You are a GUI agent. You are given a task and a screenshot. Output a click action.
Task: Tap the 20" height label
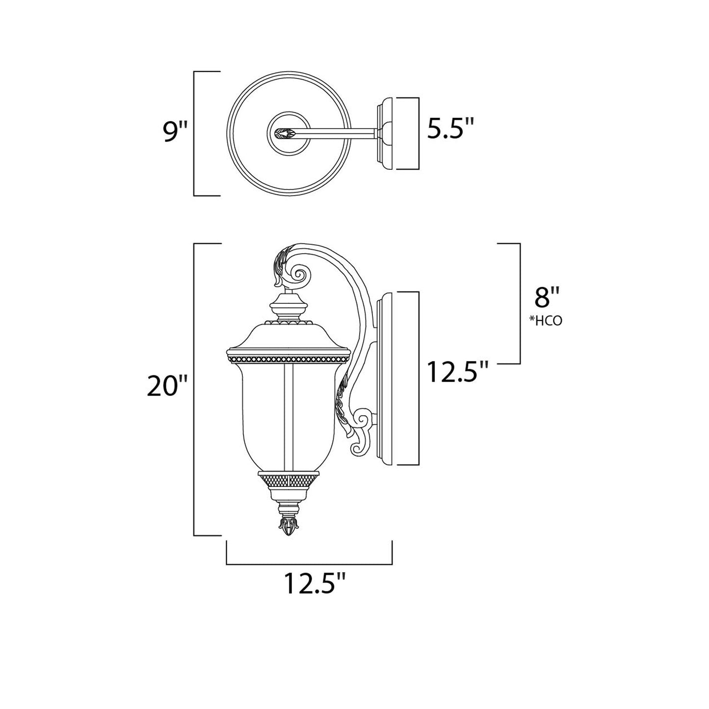168,388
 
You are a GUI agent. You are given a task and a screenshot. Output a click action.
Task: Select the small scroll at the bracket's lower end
363,420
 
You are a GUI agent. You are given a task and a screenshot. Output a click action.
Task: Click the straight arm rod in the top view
339,132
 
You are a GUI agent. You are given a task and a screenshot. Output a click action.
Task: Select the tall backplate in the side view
386,378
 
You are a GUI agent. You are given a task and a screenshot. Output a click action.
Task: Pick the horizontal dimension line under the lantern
309,564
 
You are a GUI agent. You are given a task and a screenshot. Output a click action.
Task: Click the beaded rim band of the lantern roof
289,359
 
